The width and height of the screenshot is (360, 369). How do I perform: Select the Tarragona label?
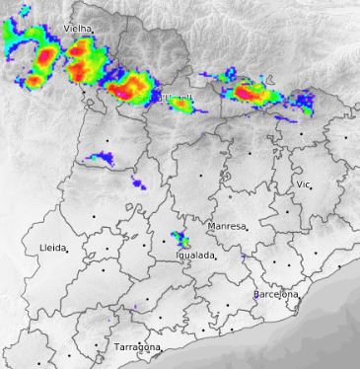point(136,348)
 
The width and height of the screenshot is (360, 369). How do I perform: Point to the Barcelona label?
point(275,295)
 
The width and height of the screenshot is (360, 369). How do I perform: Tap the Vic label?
point(303,184)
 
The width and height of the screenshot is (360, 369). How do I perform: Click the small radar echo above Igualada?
point(180,238)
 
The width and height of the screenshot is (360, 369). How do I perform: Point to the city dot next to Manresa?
point(247,229)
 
